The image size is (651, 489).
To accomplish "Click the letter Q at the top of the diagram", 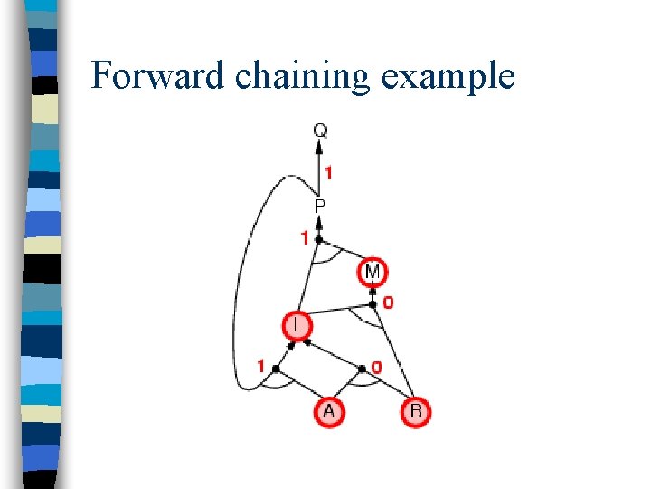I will pos(321,130).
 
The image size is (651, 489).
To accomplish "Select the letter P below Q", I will pos(320,206).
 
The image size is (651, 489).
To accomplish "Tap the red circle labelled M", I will pos(373,271).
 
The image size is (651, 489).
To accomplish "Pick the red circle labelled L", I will pos(296,325).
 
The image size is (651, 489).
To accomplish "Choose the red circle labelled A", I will pos(329,412).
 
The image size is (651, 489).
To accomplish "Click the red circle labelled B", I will pos(415,412).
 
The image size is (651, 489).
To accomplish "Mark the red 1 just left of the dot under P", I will pos(305,238).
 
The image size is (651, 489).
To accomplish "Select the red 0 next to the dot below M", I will pos(388,302).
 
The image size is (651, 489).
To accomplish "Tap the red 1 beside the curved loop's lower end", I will pos(260,367).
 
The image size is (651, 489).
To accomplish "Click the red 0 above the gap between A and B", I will pos(375,368).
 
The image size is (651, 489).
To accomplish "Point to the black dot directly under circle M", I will pos(373,292).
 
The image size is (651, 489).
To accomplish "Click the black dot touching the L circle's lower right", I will pos(307,342).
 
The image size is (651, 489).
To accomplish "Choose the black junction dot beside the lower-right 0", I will pos(362,369).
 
